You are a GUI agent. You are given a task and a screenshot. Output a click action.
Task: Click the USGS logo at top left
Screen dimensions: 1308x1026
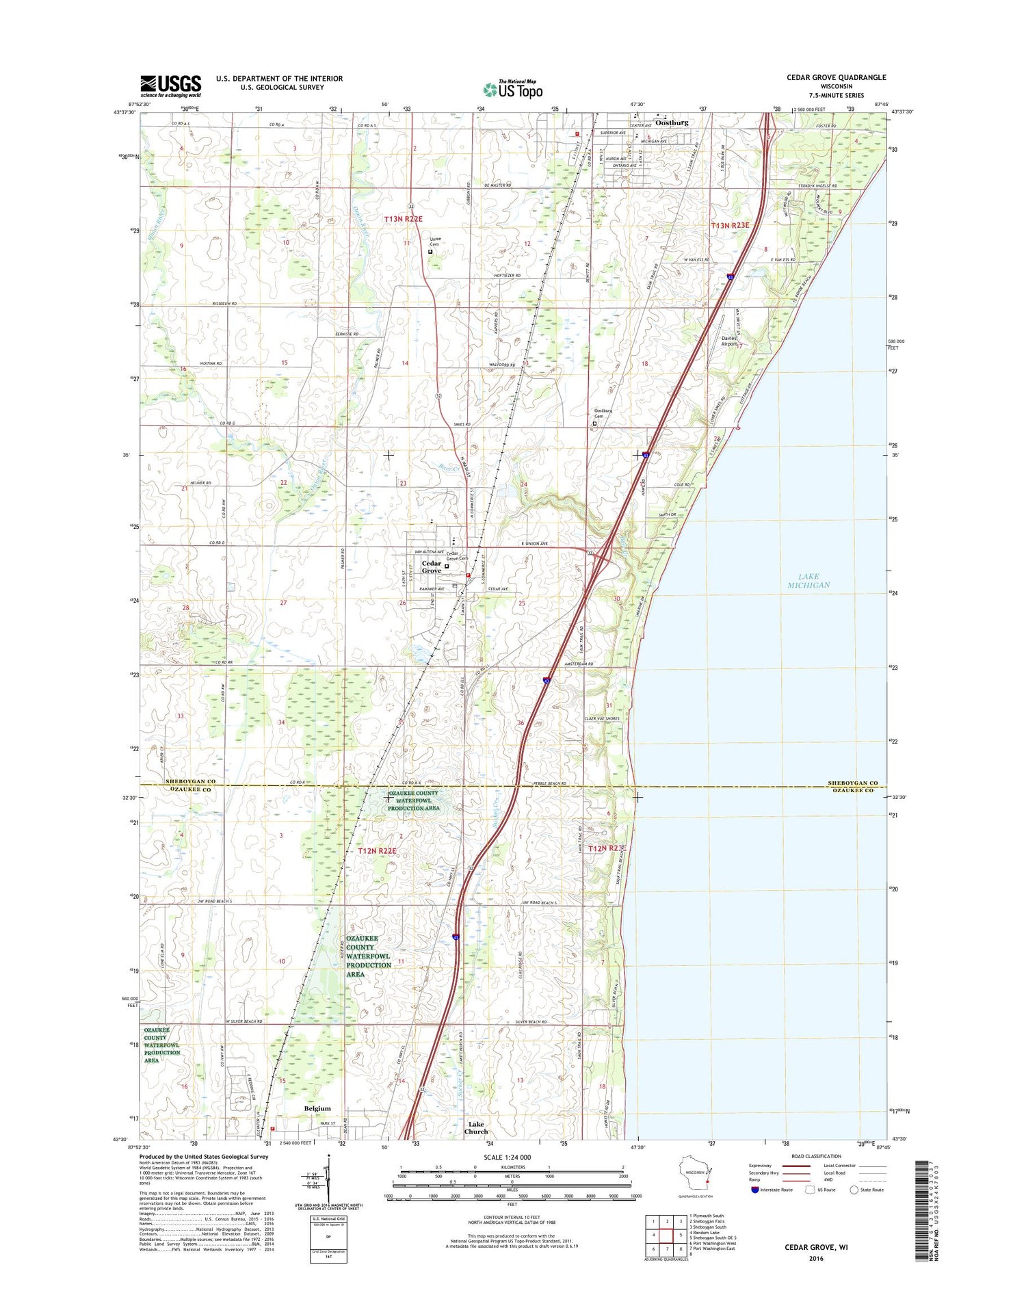point(171,85)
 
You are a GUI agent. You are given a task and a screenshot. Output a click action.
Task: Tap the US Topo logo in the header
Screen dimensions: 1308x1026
point(513,89)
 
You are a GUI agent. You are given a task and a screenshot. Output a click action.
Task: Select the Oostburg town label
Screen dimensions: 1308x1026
point(671,122)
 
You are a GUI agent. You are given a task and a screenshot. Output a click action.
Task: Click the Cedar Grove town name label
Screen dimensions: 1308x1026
point(431,567)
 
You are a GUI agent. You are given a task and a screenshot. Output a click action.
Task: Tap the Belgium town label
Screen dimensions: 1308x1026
point(317,1108)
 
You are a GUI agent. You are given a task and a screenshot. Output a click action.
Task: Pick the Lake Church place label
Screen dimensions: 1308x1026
point(476,1127)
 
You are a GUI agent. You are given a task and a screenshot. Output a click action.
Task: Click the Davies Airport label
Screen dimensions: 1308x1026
point(729,341)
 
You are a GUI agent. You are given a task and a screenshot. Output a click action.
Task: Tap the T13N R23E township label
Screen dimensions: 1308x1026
point(730,225)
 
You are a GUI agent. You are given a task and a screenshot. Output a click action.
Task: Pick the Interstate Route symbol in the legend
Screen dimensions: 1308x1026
point(754,1190)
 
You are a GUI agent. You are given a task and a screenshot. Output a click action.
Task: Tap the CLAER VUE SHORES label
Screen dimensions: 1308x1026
point(602,719)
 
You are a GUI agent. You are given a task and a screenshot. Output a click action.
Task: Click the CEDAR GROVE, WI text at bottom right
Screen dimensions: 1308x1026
point(815,1247)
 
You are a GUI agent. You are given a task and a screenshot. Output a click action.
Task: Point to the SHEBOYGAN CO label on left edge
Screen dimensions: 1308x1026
point(190,781)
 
